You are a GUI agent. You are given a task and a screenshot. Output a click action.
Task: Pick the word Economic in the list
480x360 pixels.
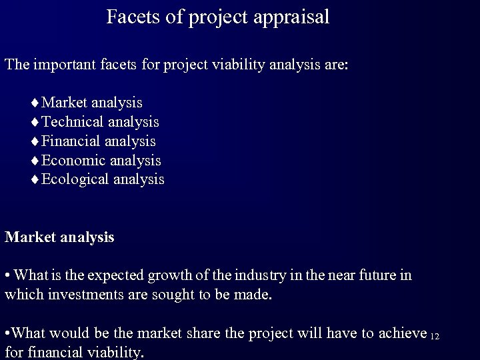click(x=73, y=161)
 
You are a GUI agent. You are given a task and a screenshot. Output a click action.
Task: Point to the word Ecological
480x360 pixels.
click(x=75, y=180)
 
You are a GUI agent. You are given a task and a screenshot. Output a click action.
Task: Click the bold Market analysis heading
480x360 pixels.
click(x=59, y=237)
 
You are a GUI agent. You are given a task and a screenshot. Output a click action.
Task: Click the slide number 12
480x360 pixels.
click(x=435, y=335)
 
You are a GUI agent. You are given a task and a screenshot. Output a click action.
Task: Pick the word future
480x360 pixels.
click(x=377, y=275)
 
